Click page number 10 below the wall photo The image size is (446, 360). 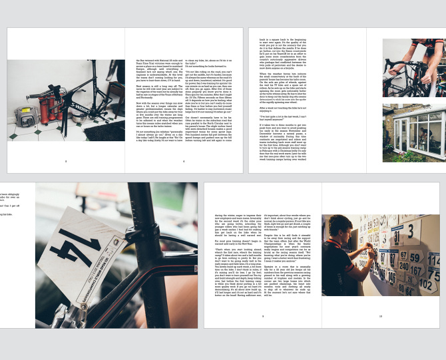380,316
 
